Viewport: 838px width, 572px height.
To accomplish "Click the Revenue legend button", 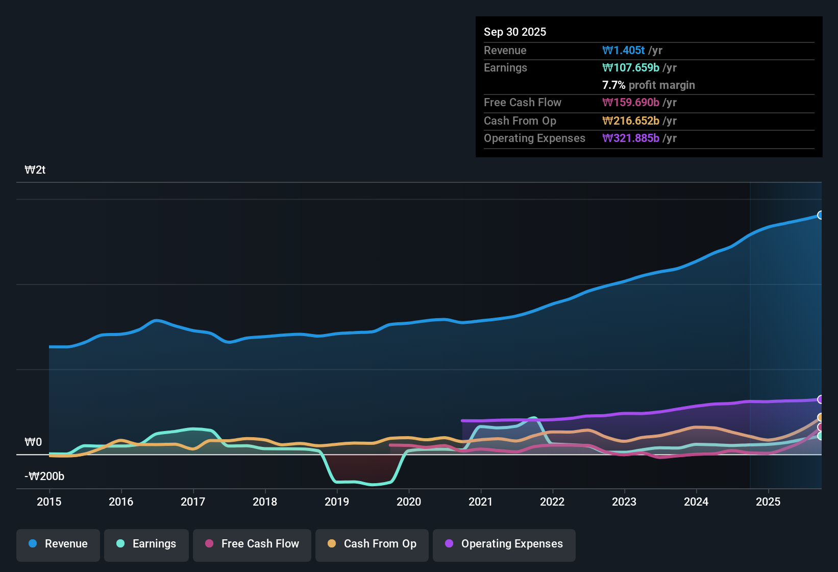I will (58, 544).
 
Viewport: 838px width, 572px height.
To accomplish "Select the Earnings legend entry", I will (146, 544).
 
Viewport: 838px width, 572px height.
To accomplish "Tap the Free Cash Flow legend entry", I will (252, 544).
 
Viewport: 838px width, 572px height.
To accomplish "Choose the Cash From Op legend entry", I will (372, 544).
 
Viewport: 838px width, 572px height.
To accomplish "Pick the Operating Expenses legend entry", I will (504, 544).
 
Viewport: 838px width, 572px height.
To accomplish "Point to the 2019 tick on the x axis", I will (337, 502).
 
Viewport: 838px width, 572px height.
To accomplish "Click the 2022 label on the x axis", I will (552, 502).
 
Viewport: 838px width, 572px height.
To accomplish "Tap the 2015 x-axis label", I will (49, 502).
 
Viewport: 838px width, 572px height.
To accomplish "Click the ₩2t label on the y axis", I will (35, 170).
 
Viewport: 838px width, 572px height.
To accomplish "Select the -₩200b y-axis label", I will (44, 476).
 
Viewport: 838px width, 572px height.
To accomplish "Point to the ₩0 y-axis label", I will (33, 442).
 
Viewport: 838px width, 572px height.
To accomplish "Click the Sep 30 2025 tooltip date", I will (514, 32).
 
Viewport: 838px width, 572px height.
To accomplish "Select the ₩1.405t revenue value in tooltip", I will (623, 50).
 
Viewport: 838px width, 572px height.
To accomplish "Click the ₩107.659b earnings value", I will (631, 67).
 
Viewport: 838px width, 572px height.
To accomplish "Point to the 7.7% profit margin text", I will (648, 85).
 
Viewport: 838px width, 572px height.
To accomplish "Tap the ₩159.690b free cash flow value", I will (631, 102).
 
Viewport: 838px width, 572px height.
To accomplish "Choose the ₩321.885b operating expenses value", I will (631, 138).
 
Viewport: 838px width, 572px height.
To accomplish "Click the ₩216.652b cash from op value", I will (631, 121).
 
